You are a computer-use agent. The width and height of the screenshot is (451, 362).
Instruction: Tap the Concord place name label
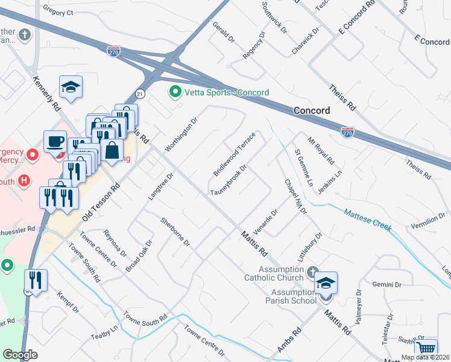coord(312,111)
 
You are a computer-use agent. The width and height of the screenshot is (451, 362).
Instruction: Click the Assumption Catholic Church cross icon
coord(312,272)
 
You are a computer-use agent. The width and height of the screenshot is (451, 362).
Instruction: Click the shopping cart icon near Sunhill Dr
coord(426,349)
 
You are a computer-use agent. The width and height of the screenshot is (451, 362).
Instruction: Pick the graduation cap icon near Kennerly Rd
coord(71,87)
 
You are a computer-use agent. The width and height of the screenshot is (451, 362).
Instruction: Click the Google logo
coord(20,355)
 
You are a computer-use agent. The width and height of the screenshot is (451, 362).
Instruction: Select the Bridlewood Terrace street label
coord(235,154)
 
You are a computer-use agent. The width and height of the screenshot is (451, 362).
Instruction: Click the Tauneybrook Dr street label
coord(229,181)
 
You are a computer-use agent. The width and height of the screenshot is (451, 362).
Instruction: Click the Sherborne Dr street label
coord(175,232)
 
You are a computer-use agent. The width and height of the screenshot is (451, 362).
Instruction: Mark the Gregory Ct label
coord(58,12)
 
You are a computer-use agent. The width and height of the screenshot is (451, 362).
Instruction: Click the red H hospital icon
coord(24,180)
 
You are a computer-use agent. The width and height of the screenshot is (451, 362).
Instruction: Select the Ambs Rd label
coord(289,341)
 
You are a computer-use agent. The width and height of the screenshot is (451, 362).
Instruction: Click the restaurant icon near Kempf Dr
coord(35,281)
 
